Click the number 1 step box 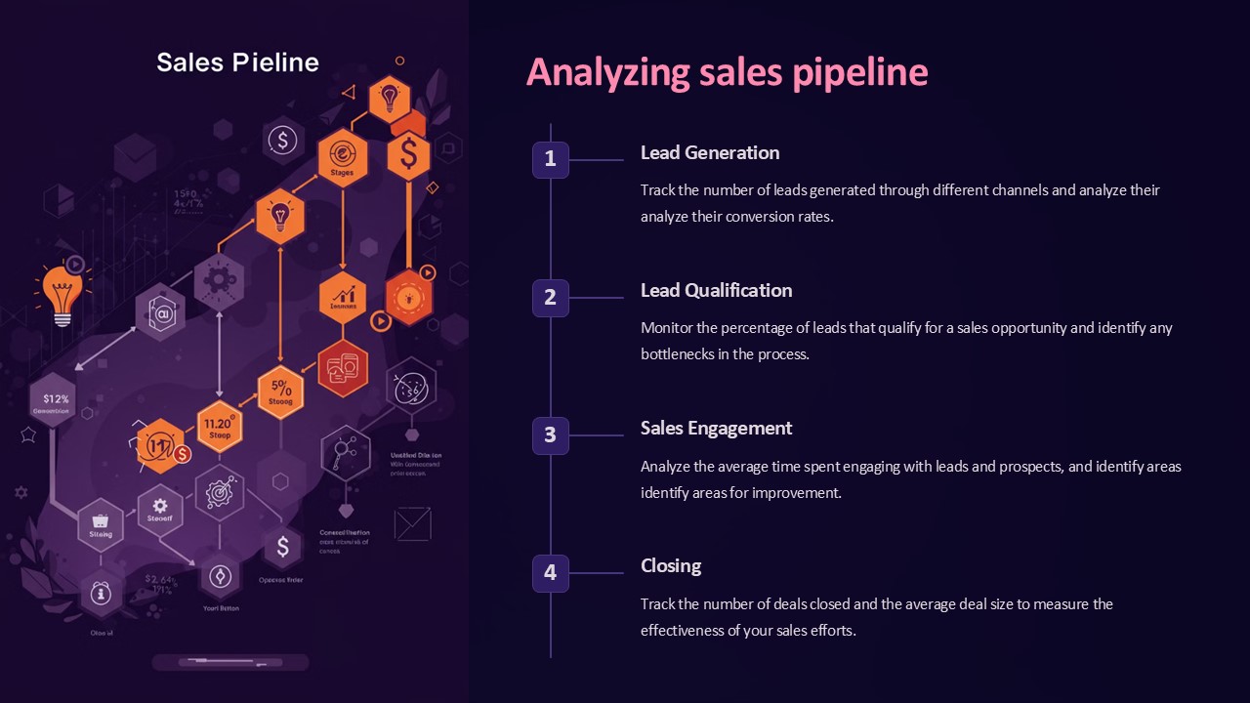(x=550, y=159)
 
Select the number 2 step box (x=550, y=298)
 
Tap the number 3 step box (x=550, y=435)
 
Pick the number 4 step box (x=550, y=573)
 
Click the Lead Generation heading (x=710, y=152)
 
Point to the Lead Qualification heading (x=716, y=290)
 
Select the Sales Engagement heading (x=716, y=428)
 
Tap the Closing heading (x=671, y=565)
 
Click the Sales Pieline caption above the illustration (x=237, y=62)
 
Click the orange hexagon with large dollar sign (x=408, y=154)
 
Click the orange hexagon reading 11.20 (x=220, y=427)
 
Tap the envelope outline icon (x=412, y=524)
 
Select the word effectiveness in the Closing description (x=684, y=631)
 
